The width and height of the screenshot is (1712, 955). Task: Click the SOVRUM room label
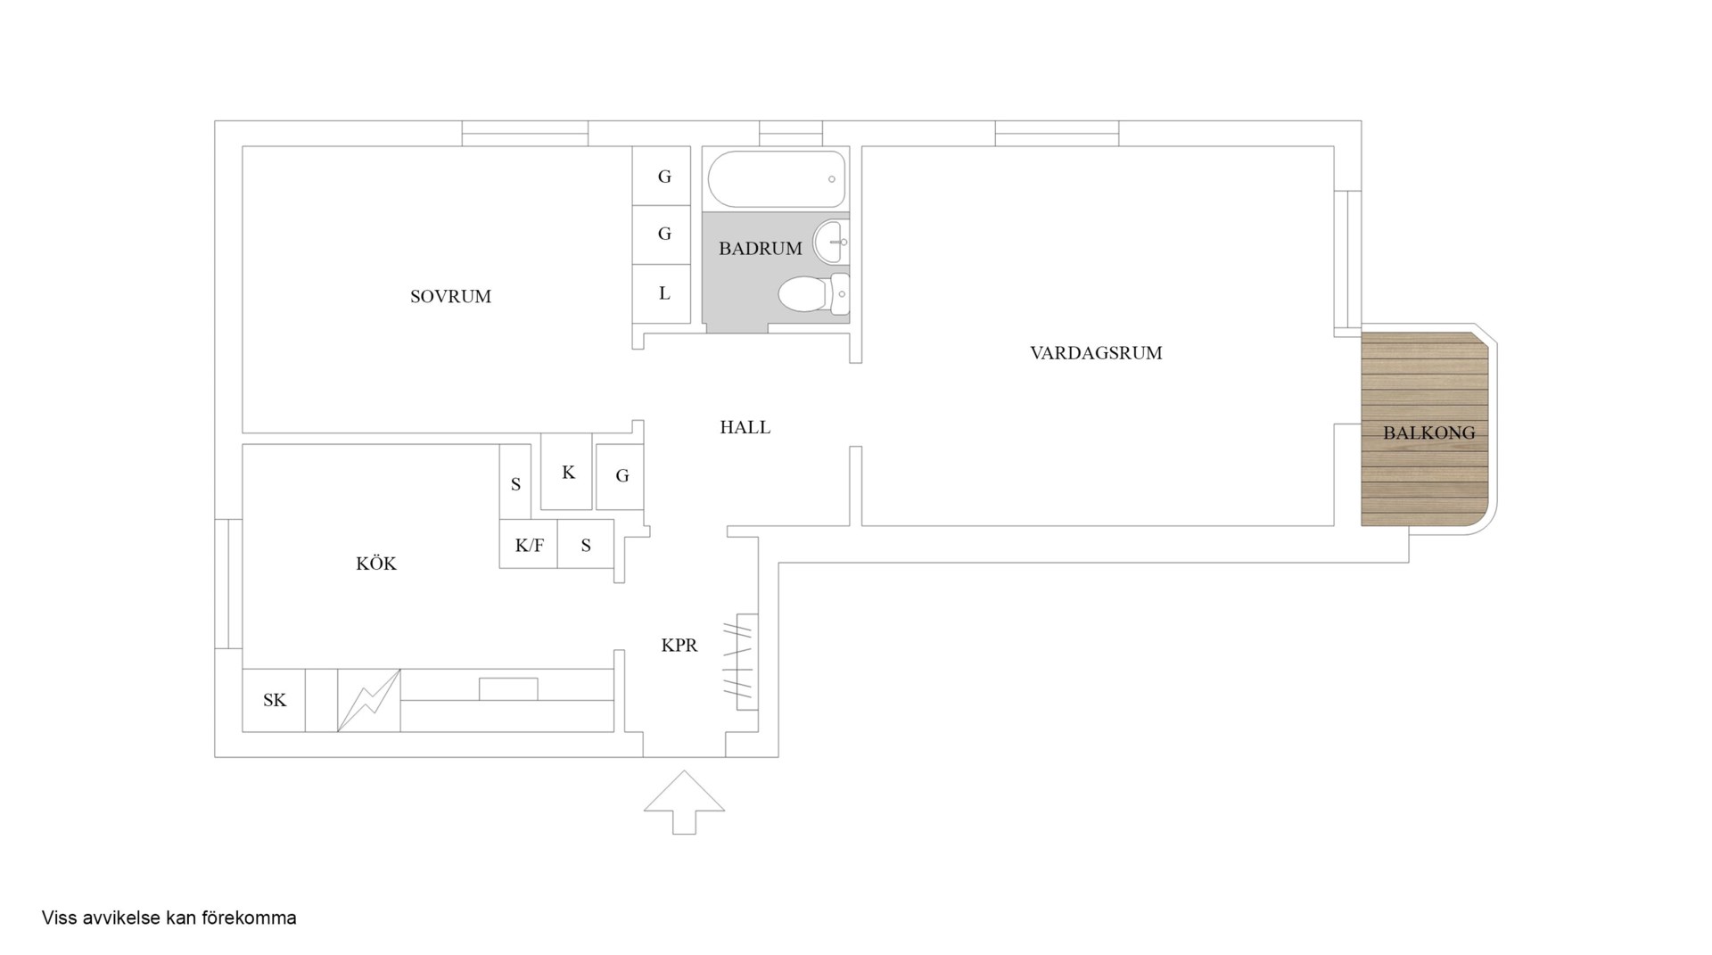[x=450, y=297]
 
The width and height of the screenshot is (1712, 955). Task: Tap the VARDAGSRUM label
[x=1096, y=353]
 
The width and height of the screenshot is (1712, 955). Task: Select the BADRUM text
[x=761, y=249]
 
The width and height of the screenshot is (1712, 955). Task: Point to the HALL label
[x=745, y=428]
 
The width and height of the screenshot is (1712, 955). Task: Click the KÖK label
[x=376, y=564]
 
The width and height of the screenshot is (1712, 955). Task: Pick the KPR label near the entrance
[x=679, y=646]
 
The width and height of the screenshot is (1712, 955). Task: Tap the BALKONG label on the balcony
[x=1428, y=433]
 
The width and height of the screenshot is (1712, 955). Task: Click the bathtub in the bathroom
[x=777, y=179]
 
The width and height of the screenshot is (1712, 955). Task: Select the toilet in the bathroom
[x=814, y=294]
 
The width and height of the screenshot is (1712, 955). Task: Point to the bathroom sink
[x=831, y=242]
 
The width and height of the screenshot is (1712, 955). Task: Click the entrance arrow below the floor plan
[x=684, y=803]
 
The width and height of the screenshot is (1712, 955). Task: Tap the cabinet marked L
[x=662, y=293]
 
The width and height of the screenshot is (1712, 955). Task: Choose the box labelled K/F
[x=529, y=544]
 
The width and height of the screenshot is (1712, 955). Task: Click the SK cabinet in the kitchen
[x=274, y=701]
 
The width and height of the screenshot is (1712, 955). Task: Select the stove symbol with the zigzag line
[x=369, y=701]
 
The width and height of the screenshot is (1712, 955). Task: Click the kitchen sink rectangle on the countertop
[x=508, y=689]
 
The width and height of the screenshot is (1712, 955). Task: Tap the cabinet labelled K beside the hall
[x=567, y=472]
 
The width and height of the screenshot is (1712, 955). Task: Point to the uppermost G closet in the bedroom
[x=662, y=176]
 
